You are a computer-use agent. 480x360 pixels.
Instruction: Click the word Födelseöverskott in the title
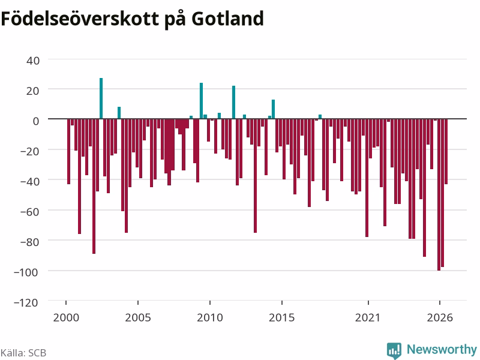click(80, 19)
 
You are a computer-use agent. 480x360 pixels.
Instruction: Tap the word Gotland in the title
click(227, 19)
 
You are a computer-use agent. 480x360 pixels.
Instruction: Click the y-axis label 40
click(33, 61)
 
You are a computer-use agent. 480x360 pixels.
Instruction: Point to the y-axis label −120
click(26, 303)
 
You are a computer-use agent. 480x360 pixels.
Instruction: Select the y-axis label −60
click(29, 212)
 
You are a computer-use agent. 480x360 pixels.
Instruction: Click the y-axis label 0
click(36, 121)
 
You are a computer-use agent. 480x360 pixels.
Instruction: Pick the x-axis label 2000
click(66, 317)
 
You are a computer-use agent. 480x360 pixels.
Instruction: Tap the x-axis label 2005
click(138, 317)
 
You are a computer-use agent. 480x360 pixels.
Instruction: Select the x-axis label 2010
click(210, 317)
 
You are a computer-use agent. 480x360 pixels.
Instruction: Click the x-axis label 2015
click(282, 317)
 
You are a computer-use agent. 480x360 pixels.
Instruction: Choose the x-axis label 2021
click(368, 317)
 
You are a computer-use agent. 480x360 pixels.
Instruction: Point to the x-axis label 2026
click(440, 317)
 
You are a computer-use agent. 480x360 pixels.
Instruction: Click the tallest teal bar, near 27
click(101, 98)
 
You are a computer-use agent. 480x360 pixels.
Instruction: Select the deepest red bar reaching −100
click(439, 194)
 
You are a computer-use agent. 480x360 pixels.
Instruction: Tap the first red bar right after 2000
click(68, 152)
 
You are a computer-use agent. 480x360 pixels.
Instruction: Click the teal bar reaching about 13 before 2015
click(274, 109)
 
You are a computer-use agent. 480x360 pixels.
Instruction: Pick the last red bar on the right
click(446, 152)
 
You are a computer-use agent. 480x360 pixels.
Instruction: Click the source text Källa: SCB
click(23, 353)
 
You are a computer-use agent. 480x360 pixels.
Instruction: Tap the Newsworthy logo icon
click(394, 350)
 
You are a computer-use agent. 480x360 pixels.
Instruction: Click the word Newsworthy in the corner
click(442, 349)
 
